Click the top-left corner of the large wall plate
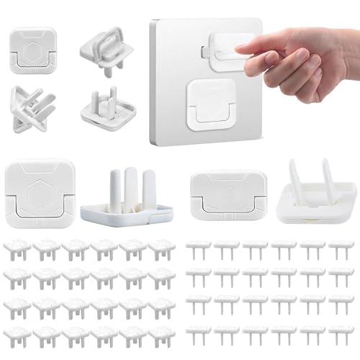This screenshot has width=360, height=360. coord(153,22)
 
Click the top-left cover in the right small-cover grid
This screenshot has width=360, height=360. coord(198,249)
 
